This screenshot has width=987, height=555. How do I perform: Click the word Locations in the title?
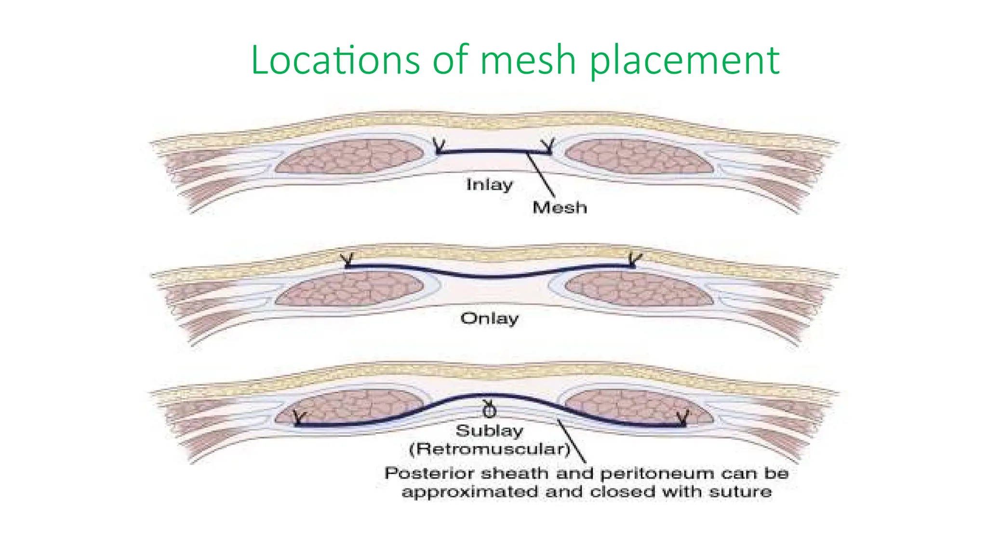click(x=335, y=60)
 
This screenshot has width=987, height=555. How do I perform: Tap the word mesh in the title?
click(x=528, y=60)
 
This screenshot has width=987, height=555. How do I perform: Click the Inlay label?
click(x=489, y=185)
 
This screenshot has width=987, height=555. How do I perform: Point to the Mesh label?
click(x=560, y=208)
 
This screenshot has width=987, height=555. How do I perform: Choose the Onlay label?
click(x=489, y=318)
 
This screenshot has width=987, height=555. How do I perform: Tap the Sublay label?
click(x=489, y=431)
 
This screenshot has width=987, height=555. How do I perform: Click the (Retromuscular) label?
click(x=489, y=449)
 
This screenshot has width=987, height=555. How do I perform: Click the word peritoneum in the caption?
click(x=658, y=474)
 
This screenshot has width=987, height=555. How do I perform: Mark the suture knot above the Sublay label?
click(x=489, y=410)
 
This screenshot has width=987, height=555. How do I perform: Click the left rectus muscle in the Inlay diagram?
click(x=349, y=156)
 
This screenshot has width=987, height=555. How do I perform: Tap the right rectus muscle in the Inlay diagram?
click(x=639, y=156)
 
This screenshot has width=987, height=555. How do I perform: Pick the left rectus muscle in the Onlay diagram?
click(x=349, y=288)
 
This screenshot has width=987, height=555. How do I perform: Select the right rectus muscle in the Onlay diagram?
click(x=639, y=291)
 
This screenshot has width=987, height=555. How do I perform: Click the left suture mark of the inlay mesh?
click(x=439, y=145)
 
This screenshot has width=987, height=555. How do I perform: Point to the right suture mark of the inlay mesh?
click(x=548, y=145)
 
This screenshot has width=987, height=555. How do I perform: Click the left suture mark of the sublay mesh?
click(x=299, y=418)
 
